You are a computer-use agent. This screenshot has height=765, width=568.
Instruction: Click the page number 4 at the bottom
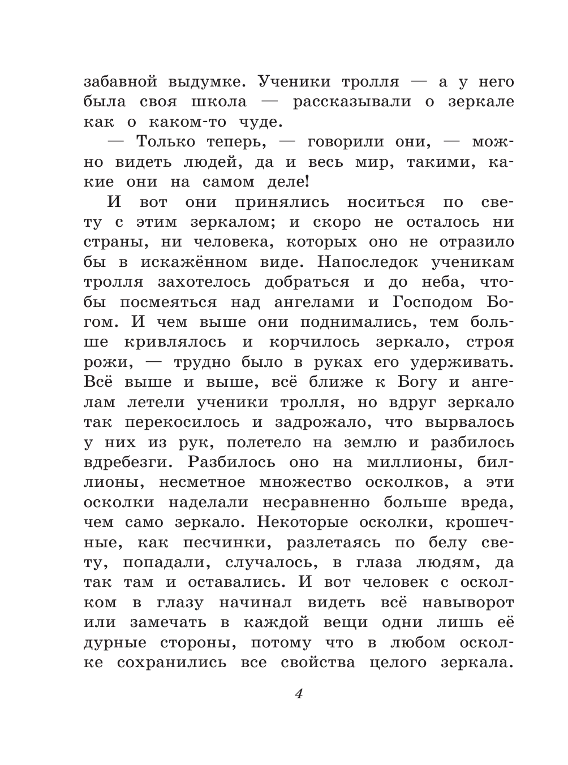(x=299, y=694)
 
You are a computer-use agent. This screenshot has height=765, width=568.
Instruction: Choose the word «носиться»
(x=385, y=202)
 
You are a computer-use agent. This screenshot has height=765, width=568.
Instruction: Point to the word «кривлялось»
(x=179, y=342)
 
